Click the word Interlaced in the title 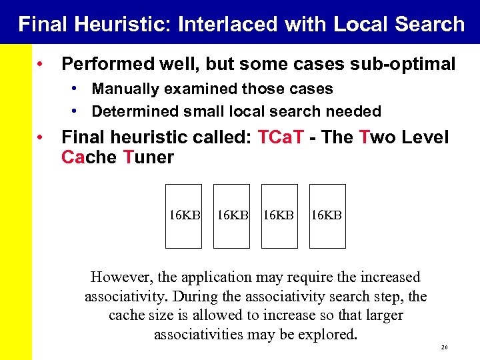[227, 24]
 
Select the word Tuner [149, 157]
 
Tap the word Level [425, 137]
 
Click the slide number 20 [443, 348]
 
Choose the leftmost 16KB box [183, 216]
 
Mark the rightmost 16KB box [328, 216]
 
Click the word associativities [197, 334]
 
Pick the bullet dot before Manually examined [77, 89]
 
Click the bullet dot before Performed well [41, 64]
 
